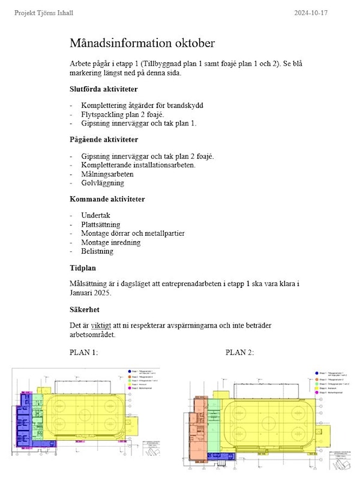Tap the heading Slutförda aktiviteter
click(x=103, y=89)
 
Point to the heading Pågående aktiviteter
click(x=104, y=140)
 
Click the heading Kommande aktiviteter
click(x=107, y=199)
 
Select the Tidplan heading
click(x=83, y=268)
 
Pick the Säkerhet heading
click(x=85, y=310)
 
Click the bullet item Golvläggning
click(x=103, y=183)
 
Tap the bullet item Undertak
click(x=96, y=215)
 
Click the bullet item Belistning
click(x=97, y=251)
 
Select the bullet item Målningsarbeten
click(x=108, y=174)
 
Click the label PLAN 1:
click(x=83, y=352)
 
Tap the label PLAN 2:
click(x=239, y=352)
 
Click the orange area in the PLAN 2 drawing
click(x=197, y=420)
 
